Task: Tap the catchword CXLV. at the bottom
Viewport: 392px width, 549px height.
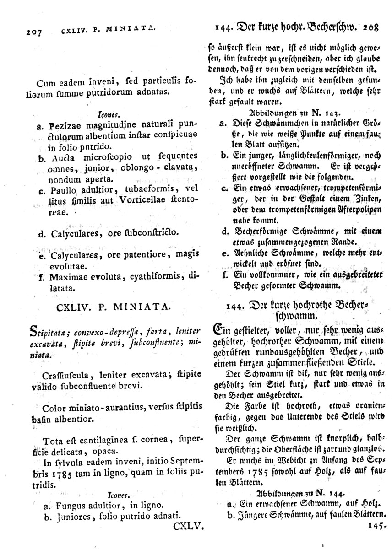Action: (x=189, y=527)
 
